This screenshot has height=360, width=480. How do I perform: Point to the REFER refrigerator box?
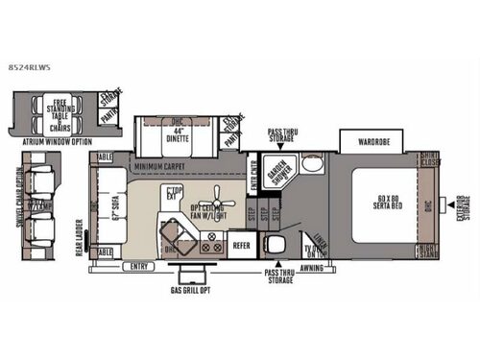pos(243,245)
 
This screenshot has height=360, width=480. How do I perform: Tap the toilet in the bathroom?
pos(276,245)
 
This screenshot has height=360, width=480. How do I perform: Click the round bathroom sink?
pos(309,164)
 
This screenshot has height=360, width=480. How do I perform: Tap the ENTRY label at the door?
pos(140,267)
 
